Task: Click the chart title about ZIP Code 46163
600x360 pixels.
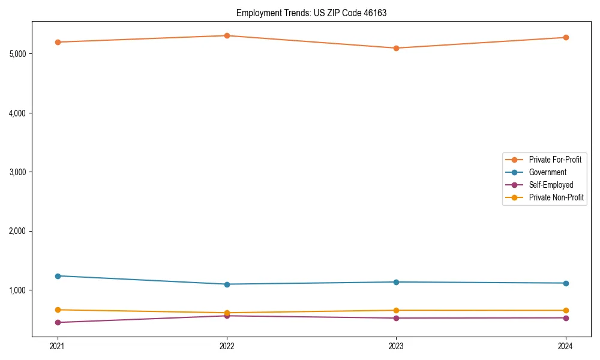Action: tap(311, 13)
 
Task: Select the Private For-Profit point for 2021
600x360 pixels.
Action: tap(58, 42)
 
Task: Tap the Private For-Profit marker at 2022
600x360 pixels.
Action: tap(227, 35)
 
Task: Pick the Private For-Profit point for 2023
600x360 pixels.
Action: tap(396, 48)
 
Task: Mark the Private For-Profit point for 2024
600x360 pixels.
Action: tap(566, 37)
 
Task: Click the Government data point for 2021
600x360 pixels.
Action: tap(58, 276)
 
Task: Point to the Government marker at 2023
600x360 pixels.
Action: tap(396, 282)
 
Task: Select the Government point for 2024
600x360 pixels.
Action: tap(566, 283)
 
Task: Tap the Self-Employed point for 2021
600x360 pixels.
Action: tap(58, 322)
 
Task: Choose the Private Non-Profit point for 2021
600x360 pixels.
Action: tap(58, 310)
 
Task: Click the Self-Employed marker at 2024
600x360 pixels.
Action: tap(566, 318)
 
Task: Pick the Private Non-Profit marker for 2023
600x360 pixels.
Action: tap(396, 310)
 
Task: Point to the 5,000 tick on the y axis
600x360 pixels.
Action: tap(18, 54)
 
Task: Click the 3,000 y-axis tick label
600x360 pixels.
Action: tap(18, 172)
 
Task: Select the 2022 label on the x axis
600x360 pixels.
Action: tap(227, 346)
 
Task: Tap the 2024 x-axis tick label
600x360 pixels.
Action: tap(566, 346)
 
